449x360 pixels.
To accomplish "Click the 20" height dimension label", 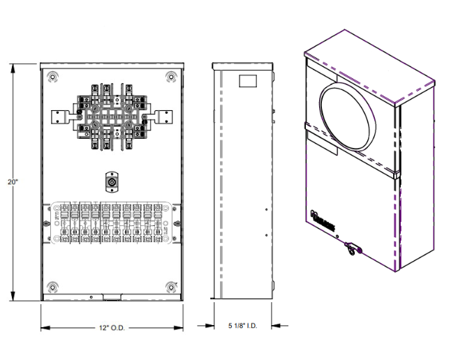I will click(12, 182).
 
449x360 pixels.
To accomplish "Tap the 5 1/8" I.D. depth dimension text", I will click(242, 325).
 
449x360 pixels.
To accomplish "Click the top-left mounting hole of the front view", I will click(52, 76).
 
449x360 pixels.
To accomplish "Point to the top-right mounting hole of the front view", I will click(170, 76).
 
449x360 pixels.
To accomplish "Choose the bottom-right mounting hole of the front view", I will click(170, 287).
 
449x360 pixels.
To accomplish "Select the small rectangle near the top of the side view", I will click(249, 81).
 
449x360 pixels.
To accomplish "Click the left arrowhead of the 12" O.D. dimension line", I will click(43, 328).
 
